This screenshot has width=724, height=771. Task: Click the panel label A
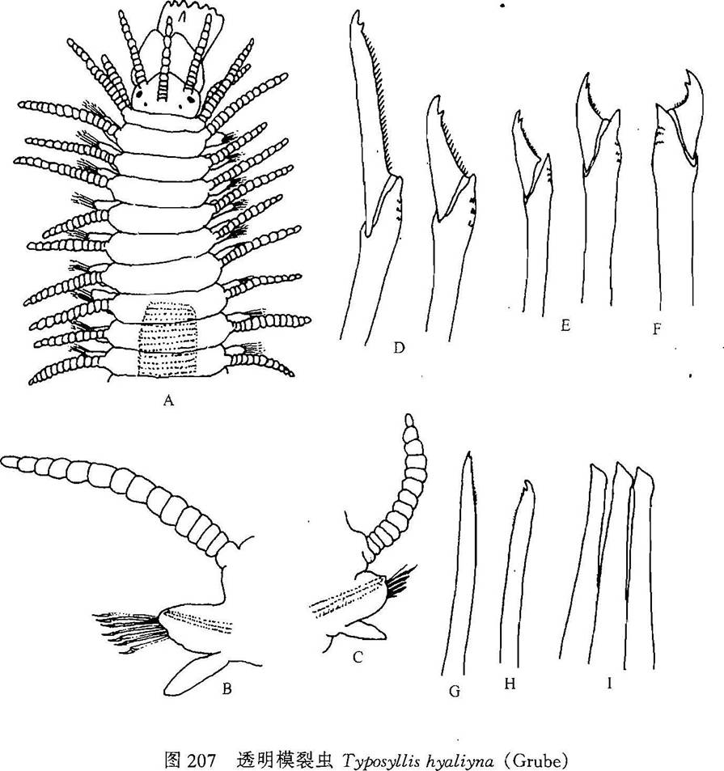168,400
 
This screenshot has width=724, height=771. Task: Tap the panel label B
227,689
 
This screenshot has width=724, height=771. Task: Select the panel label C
358,656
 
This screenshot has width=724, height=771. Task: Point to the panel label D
399,348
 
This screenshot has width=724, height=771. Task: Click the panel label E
565,325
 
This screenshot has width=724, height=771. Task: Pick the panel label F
657,329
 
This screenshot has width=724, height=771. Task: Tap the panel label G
455,692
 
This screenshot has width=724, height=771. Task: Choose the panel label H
510,684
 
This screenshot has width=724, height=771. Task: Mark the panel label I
609,683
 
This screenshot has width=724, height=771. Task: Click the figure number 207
201,760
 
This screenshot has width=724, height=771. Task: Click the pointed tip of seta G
469,452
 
